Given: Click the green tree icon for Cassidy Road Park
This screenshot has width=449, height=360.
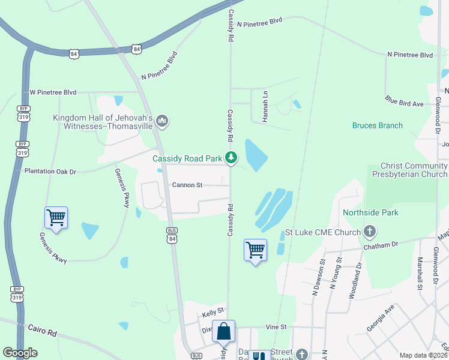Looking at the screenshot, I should pos(231,158).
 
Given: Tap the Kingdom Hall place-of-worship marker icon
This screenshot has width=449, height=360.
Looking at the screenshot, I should pos(161,122).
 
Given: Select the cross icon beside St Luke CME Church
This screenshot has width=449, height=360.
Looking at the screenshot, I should pos(370,232).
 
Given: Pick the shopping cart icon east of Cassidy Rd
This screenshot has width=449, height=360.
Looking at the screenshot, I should pos(255,250).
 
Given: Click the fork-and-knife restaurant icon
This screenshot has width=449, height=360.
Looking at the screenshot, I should pos(259,356).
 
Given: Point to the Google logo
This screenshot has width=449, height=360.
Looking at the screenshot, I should pos(20,353).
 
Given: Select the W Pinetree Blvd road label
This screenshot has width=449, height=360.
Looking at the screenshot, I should pos(53,92).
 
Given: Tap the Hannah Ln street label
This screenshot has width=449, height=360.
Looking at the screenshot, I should pos(264,106).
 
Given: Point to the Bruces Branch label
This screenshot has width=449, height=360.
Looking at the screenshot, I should pos(377,125).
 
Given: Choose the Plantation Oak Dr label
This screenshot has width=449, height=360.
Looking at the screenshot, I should pos(50,171).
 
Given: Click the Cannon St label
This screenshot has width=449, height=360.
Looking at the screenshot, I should pos(183,185).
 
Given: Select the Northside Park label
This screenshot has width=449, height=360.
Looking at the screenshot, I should pos(370,212).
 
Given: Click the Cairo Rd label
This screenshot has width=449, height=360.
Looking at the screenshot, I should pos(43,329).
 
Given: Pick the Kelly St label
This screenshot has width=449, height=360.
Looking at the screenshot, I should pos(212,311).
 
